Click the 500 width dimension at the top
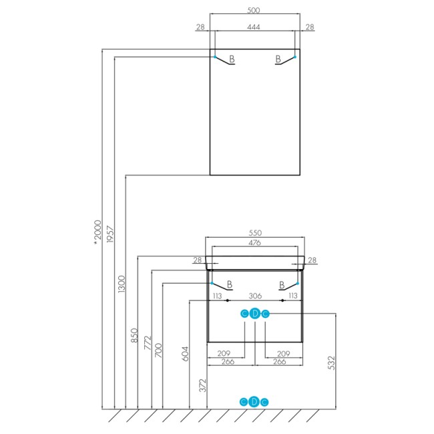253,10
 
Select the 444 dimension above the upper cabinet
254,27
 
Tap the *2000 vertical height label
97,232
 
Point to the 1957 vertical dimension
110,234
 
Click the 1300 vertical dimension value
122,284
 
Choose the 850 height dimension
134,335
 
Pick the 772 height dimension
148,343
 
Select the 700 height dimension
158,350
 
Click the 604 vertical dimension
185,354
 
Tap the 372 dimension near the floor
203,385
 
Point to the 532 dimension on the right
331,363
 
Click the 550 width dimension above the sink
255,233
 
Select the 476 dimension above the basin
254,242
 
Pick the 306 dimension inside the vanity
255,296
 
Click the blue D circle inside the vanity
255,314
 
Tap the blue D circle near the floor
254,402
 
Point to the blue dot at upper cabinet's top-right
294,57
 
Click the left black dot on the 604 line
227,300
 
